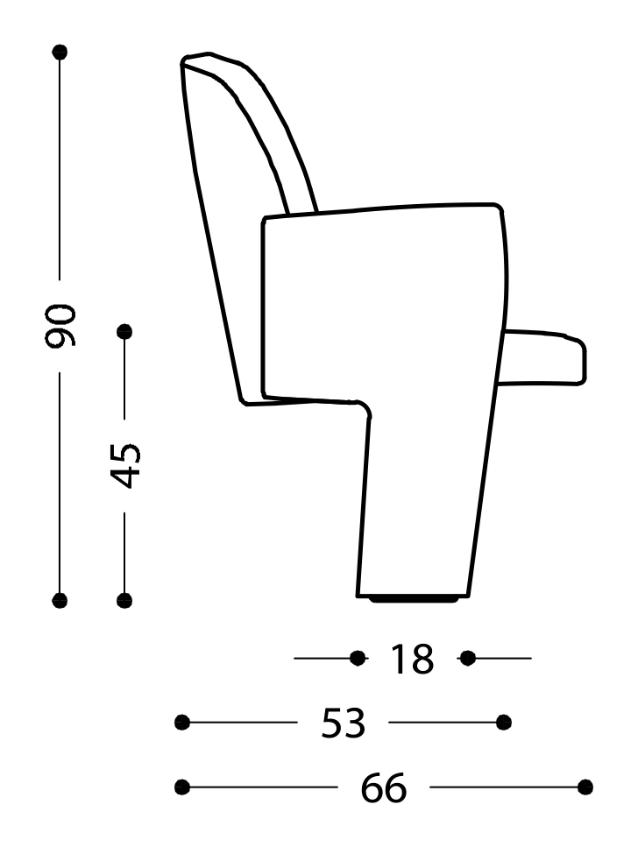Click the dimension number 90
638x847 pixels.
(61, 327)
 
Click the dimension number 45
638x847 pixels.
(126, 464)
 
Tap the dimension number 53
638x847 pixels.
(343, 723)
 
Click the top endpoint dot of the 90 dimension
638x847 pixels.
(60, 52)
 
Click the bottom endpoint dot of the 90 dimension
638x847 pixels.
(60, 600)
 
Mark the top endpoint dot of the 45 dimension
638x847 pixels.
(124, 331)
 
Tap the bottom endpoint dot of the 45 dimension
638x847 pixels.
(124, 600)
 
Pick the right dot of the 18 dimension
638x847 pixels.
(467, 657)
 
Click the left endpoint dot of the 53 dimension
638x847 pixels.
(182, 722)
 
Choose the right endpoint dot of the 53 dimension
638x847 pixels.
(504, 722)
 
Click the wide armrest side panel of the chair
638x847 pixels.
(381, 298)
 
